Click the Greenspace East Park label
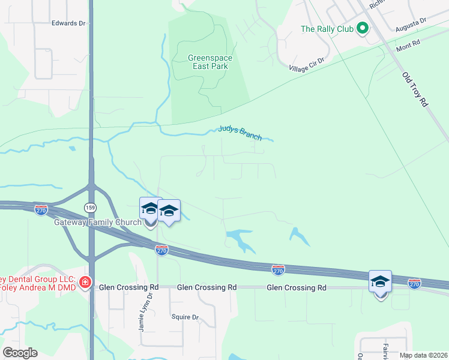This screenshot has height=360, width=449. coord(209,62)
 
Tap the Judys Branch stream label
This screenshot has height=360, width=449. coord(240,133)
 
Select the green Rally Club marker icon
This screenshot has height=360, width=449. coord(362,28)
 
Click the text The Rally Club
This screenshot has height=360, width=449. coord(325,29)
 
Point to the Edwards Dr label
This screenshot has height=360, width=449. coord(69,23)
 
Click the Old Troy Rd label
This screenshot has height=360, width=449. coord(415,89)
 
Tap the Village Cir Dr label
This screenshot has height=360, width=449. coord(306,65)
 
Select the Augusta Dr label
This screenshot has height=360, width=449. coord(411,24)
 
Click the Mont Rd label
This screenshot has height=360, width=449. coord(408,45)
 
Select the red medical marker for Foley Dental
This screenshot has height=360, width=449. coord(85,282)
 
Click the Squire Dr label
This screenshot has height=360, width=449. coord(185,317)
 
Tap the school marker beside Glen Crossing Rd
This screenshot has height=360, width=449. coord(380,282)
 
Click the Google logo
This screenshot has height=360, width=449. coord(20,353)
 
